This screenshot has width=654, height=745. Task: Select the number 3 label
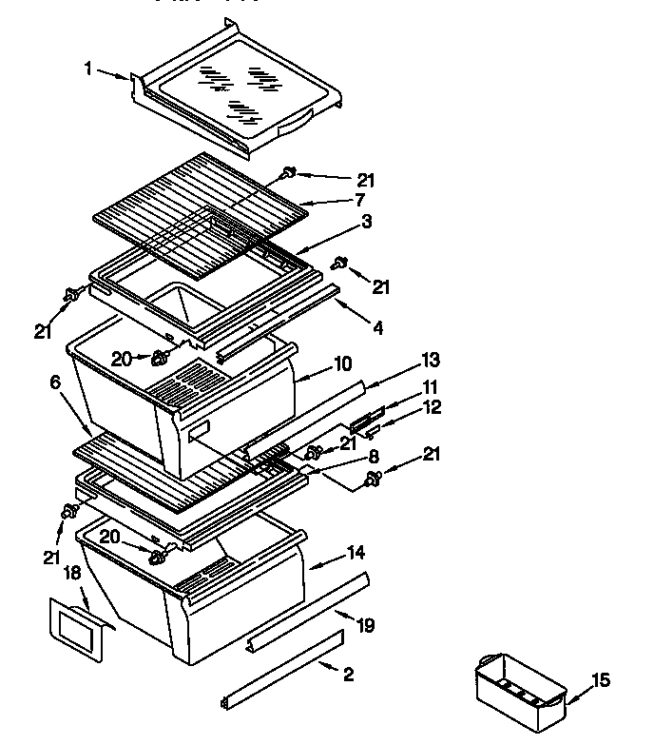366,221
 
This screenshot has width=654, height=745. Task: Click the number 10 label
343,363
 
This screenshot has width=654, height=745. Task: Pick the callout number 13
431,359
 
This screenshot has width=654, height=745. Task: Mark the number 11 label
430,387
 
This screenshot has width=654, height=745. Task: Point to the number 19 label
365,625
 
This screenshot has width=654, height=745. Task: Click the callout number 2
349,676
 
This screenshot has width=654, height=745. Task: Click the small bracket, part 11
366,420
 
